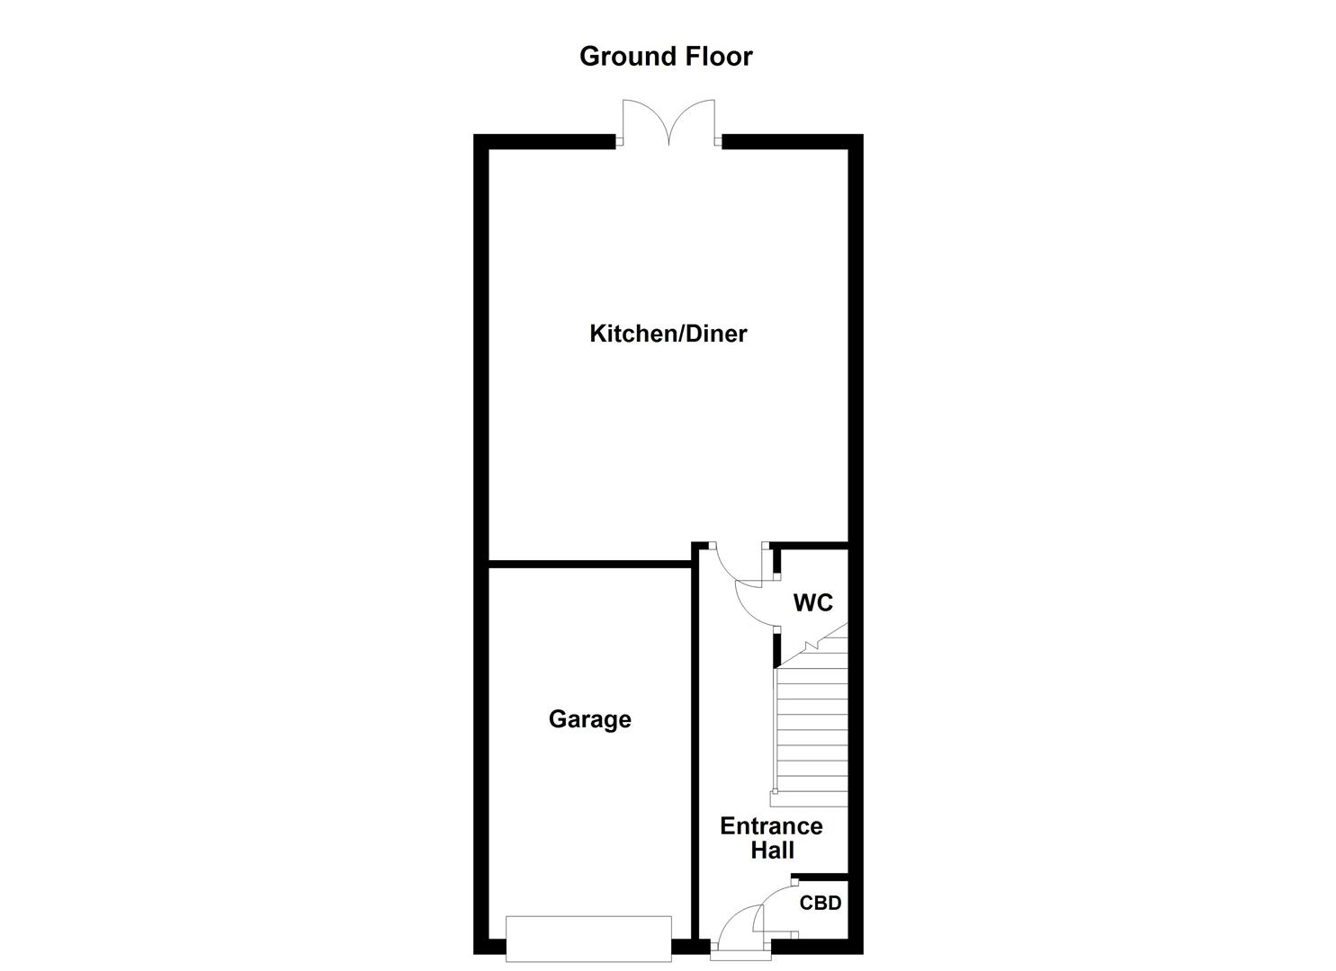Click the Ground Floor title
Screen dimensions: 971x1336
(666, 57)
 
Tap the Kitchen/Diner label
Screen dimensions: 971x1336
(668, 334)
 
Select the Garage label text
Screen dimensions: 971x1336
(589, 719)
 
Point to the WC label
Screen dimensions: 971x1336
(812, 602)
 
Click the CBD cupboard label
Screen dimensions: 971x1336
(820, 903)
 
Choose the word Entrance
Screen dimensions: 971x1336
(771, 825)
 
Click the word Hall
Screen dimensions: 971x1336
(772, 850)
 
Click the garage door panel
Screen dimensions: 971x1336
(588, 938)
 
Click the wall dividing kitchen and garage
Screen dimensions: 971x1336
(589, 565)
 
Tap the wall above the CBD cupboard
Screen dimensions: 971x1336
(820, 877)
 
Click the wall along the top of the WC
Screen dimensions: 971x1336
(810, 545)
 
